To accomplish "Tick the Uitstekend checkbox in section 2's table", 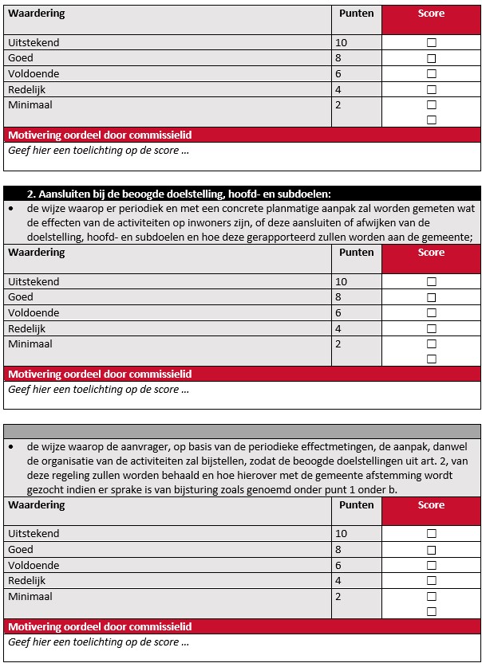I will pyautogui.click(x=432, y=281).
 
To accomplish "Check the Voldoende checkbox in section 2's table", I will pyautogui.click(x=432, y=313).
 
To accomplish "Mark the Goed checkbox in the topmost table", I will pyautogui.click(x=432, y=58).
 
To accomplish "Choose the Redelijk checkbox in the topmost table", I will pyautogui.click(x=432, y=89).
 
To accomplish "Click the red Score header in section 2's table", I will pyautogui.click(x=431, y=253).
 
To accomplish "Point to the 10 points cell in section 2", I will pyautogui.click(x=342, y=281).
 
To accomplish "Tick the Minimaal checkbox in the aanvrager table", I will pyautogui.click(x=432, y=596).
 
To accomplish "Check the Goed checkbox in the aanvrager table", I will pyautogui.click(x=432, y=550).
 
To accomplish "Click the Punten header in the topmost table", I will pyautogui.click(x=356, y=14).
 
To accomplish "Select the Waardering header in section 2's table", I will pyautogui.click(x=37, y=253).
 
